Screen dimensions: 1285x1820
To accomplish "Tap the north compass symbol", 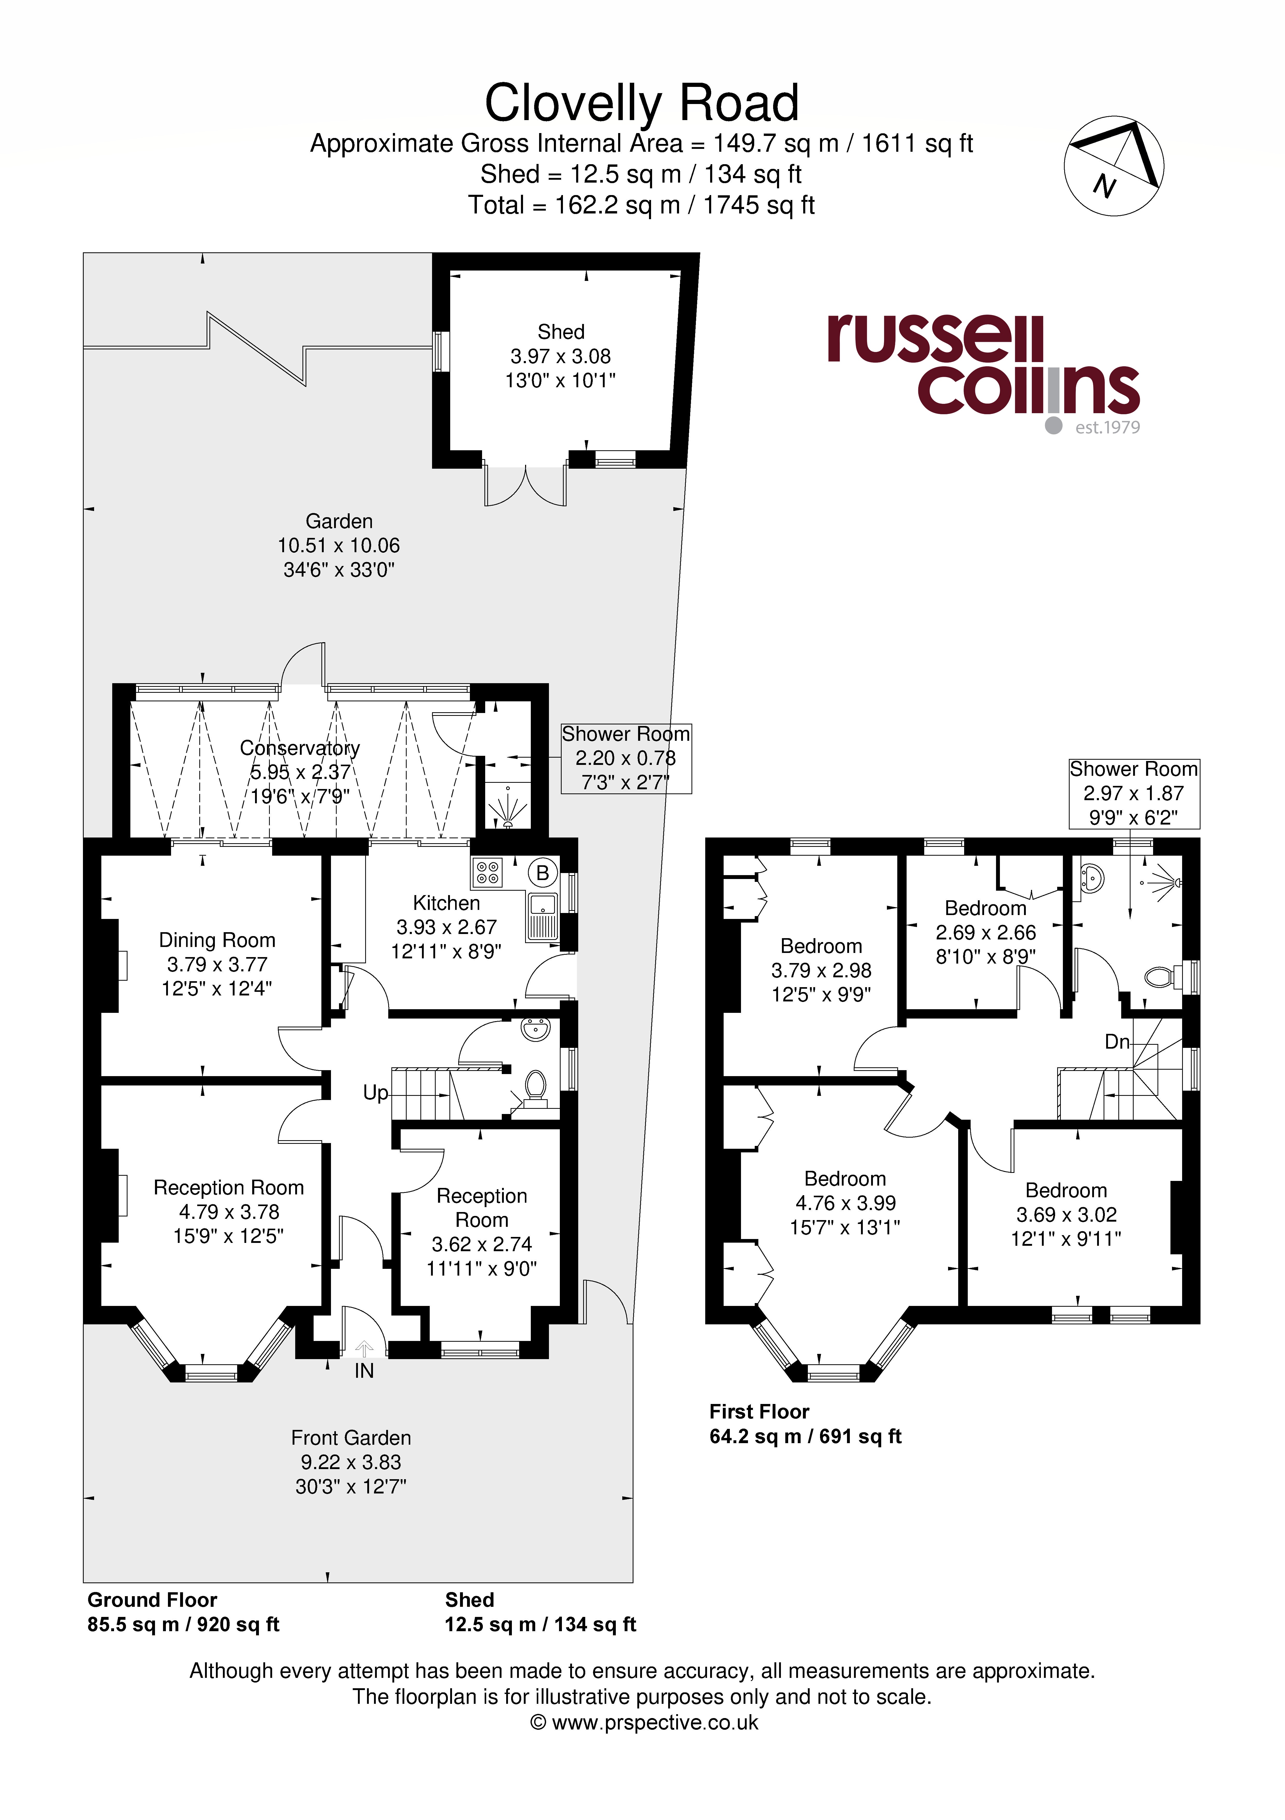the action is (1114, 167).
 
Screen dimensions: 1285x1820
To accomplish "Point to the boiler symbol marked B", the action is (543, 873).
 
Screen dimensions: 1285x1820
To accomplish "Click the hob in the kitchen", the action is (487, 873).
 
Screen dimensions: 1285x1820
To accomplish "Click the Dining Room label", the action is (217, 940).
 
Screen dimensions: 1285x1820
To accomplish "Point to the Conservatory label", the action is (299, 748).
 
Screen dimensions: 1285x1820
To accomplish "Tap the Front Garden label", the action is (351, 1438).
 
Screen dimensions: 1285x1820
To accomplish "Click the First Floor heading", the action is (759, 1412).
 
